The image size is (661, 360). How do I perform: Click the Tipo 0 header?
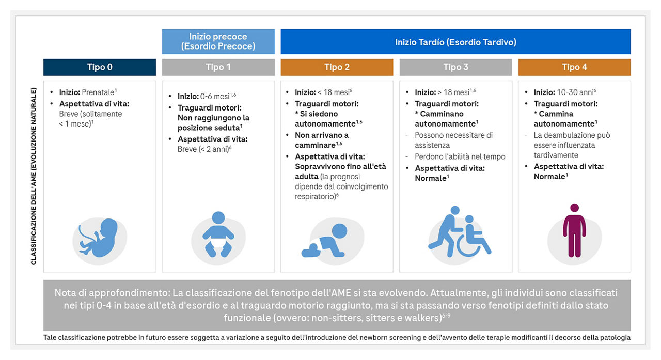click(x=100, y=67)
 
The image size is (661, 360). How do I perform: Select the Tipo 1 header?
click(x=218, y=67)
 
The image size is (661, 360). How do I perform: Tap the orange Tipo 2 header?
click(x=337, y=67)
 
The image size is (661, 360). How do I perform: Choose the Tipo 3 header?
click(x=455, y=67)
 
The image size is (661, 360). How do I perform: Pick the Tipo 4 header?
click(x=574, y=67)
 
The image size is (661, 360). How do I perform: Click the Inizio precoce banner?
click(x=218, y=42)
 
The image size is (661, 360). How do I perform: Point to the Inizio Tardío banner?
click(x=455, y=42)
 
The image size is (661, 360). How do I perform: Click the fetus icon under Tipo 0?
click(x=99, y=238)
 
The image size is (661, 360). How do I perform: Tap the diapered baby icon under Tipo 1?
click(x=218, y=234)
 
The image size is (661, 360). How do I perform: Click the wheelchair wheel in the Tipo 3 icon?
click(x=469, y=245)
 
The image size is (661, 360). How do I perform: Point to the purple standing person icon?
click(x=574, y=230)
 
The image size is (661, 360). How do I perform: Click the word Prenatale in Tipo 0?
click(x=98, y=92)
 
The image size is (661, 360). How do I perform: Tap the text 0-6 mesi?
click(x=215, y=97)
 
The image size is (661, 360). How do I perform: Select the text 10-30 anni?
click(x=575, y=92)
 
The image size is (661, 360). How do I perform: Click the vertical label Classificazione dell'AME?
click(x=34, y=176)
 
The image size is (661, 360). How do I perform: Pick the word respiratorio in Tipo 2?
click(x=315, y=196)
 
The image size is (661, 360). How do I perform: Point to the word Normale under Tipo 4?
click(x=549, y=177)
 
